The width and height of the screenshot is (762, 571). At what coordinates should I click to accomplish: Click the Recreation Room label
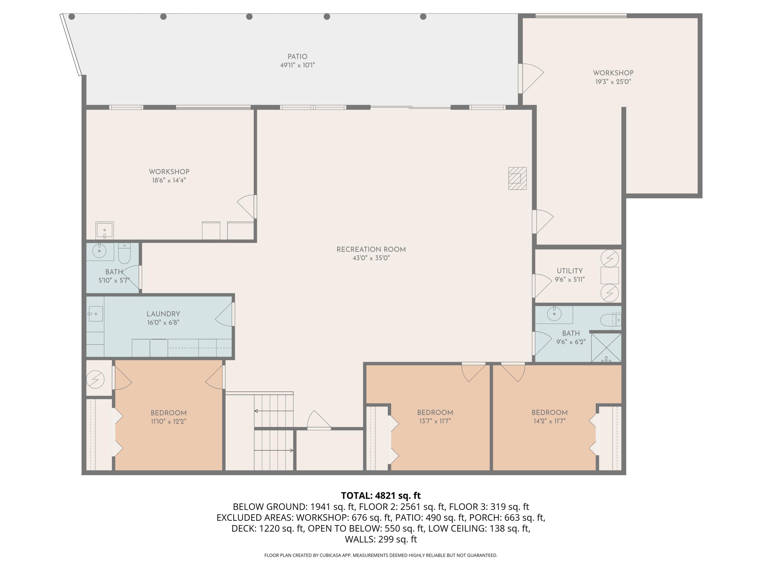[371, 249]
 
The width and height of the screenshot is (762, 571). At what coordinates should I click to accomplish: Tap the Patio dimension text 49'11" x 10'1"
[298, 65]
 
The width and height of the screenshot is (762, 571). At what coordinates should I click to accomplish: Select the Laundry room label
[163, 314]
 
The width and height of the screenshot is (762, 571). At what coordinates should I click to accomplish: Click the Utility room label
[570, 271]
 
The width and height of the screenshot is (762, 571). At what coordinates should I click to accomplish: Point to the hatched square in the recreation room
[517, 178]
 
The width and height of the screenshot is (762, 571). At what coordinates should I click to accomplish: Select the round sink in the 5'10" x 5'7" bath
[100, 250]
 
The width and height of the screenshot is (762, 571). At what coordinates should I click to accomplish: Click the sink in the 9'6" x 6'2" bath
[554, 314]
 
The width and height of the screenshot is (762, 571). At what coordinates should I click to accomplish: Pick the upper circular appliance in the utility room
[610, 258]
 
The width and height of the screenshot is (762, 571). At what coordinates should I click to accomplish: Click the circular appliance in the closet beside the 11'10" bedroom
[96, 380]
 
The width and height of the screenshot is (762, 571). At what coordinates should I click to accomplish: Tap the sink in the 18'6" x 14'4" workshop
[105, 230]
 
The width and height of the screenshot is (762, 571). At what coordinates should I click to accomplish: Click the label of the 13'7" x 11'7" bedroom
[435, 412]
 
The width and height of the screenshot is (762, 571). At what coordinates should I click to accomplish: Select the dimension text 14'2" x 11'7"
[549, 421]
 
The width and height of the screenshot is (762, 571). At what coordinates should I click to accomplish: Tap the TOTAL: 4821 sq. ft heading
[381, 496]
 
